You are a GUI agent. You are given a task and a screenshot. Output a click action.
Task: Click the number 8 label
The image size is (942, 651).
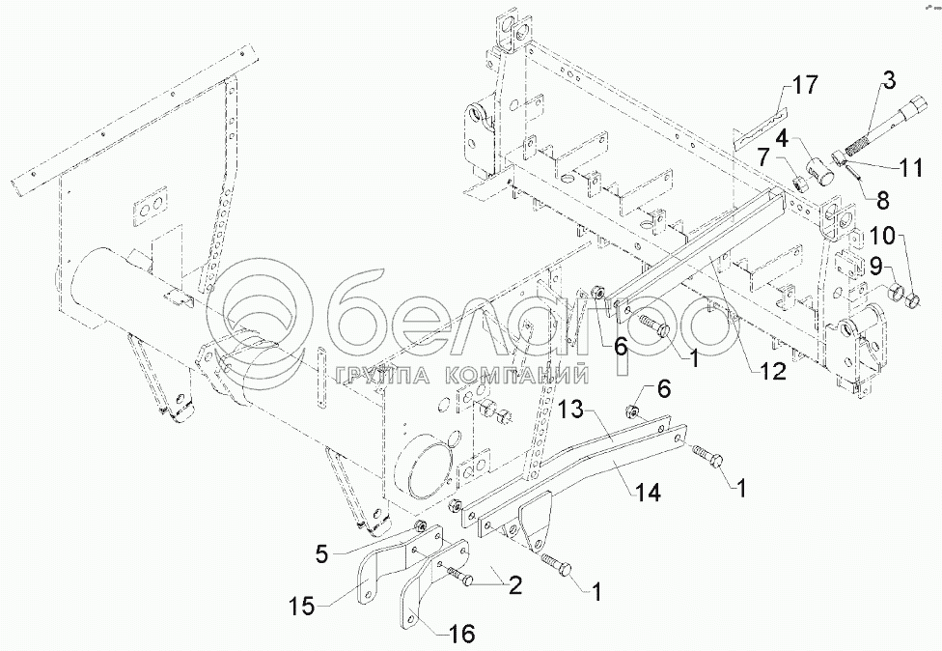click(883, 200)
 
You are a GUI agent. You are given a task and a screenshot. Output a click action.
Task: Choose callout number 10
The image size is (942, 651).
click(884, 237)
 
